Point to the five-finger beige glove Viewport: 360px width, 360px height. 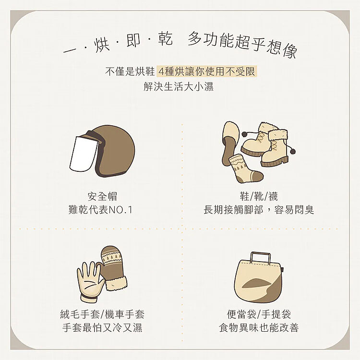coord(90,282)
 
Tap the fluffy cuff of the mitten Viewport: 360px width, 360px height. coord(116,283)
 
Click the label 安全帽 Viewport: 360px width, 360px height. coord(102,196)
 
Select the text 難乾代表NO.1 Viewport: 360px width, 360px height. coord(100,210)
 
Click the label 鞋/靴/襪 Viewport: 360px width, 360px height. coord(259,196)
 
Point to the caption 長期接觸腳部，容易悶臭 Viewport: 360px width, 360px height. coord(259,210)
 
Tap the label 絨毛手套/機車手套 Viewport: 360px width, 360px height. coord(102,314)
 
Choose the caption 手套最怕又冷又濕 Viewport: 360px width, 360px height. coord(102,328)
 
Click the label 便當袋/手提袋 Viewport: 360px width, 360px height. coord(259,314)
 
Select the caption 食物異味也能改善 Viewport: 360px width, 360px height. coord(259,328)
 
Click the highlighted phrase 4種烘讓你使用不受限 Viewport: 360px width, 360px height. coord(206,72)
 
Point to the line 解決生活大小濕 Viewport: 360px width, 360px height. coord(179,86)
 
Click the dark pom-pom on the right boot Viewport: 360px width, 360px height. coord(292,152)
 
